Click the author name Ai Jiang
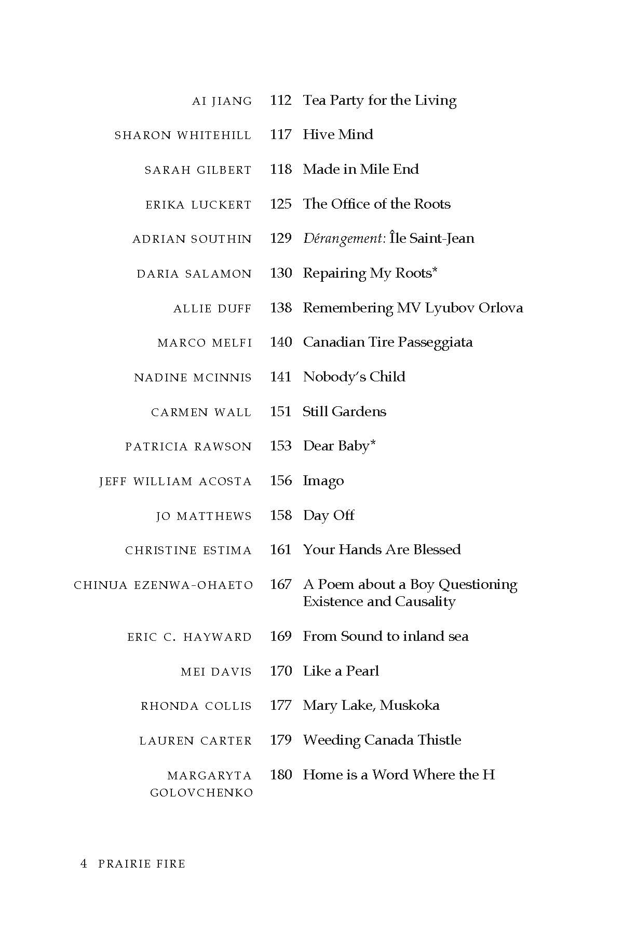tap(222, 101)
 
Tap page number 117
tap(280, 135)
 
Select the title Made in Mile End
tap(360, 169)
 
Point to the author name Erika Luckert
tap(198, 205)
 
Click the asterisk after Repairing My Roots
tap(435, 271)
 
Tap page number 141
tap(280, 377)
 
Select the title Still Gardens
tap(344, 411)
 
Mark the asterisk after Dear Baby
tap(373, 444)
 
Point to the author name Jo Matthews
tap(204, 516)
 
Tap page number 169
tap(280, 636)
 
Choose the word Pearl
tap(362, 671)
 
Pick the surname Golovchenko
tap(201, 793)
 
